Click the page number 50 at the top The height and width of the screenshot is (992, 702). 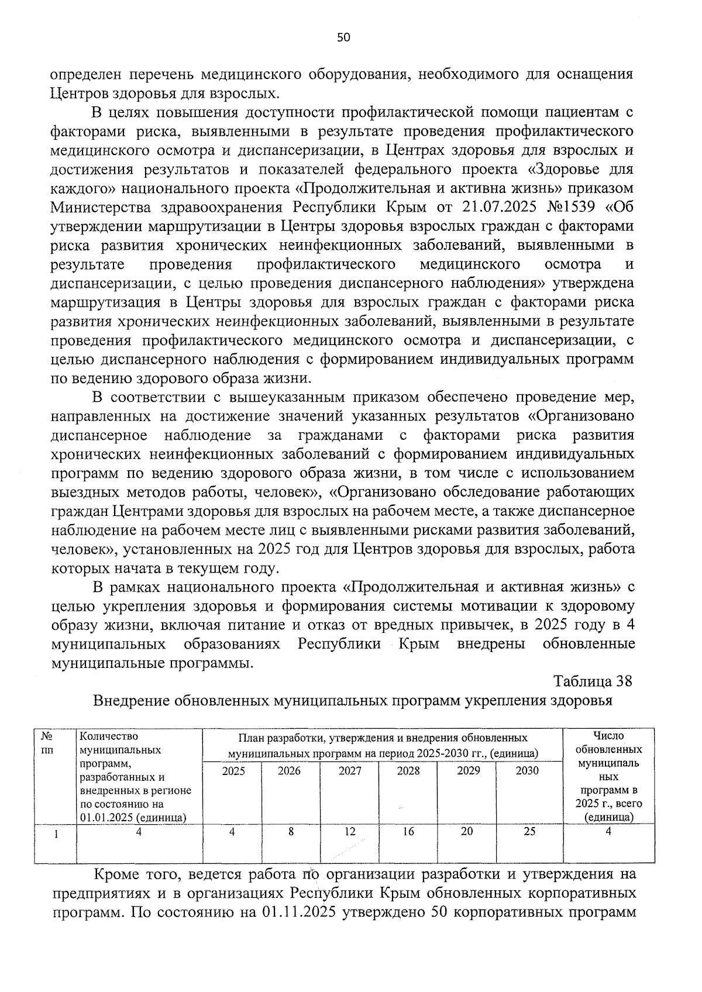coord(343,38)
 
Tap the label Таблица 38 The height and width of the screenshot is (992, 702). coord(593,681)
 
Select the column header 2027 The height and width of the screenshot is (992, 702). coord(350,770)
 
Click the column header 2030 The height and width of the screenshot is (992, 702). coord(526,770)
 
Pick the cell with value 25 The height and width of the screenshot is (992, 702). coord(529,831)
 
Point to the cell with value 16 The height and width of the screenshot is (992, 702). coord(408,831)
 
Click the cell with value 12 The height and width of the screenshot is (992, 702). coord(350,831)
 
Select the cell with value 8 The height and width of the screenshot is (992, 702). coord(291,831)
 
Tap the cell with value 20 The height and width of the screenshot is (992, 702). coord(467,831)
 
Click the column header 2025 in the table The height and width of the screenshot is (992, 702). coord(233,770)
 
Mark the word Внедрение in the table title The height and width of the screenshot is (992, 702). coord(129,700)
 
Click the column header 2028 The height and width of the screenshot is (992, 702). coord(408,770)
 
